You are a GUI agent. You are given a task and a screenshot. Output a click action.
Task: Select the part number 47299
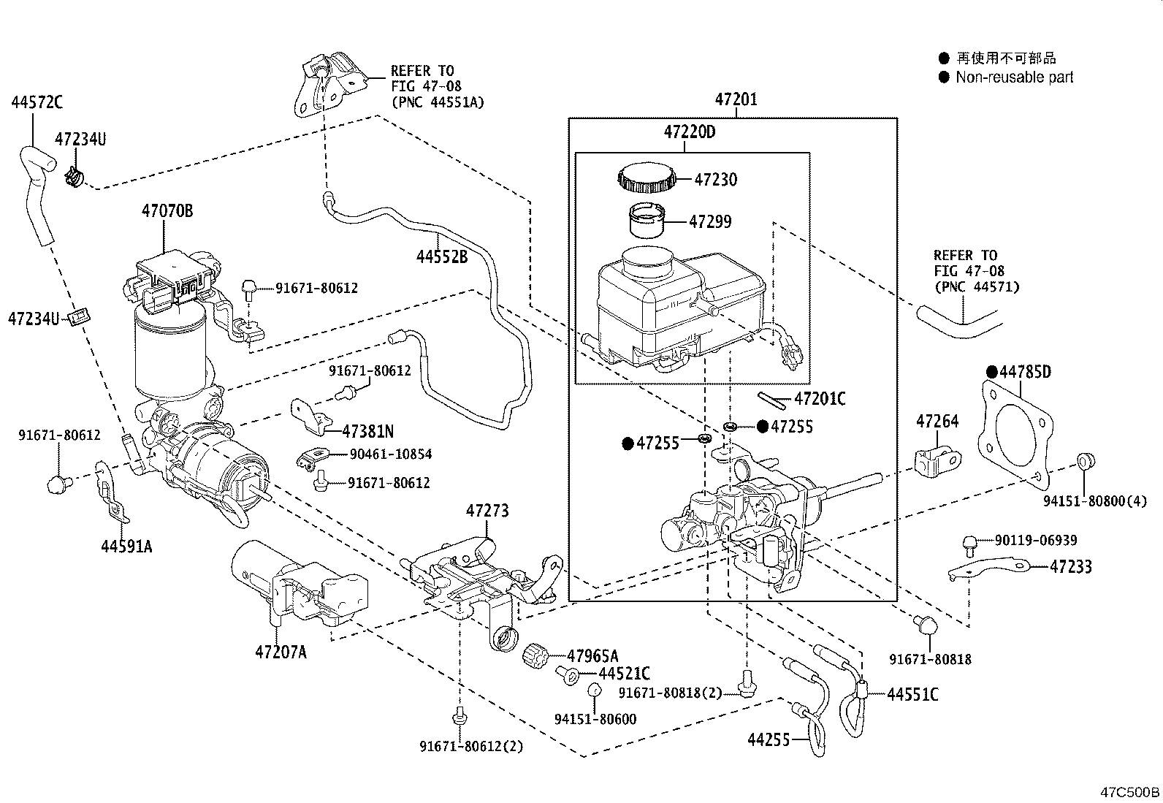point(711,222)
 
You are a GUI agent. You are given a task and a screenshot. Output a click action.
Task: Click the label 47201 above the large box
point(736,99)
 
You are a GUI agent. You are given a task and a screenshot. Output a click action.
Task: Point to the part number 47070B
point(167,211)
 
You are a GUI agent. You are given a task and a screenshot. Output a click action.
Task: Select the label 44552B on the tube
point(442,256)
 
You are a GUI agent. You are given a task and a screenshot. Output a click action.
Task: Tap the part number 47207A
point(281,651)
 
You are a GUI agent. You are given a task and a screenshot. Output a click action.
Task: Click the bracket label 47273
point(487,511)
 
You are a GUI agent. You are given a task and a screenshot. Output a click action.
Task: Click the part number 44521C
point(624,674)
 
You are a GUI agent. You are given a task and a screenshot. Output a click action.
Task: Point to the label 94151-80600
point(595,719)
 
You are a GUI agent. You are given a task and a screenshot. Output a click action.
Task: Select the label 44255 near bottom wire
point(769,739)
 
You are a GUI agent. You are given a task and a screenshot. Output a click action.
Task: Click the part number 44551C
point(912,694)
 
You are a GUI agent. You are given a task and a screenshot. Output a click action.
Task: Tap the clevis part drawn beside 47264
point(937,461)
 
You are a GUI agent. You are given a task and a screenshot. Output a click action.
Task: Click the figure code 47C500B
point(1130,792)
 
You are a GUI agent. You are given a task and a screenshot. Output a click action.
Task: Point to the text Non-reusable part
point(1014,77)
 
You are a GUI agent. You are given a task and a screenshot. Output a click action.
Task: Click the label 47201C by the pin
point(820,399)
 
